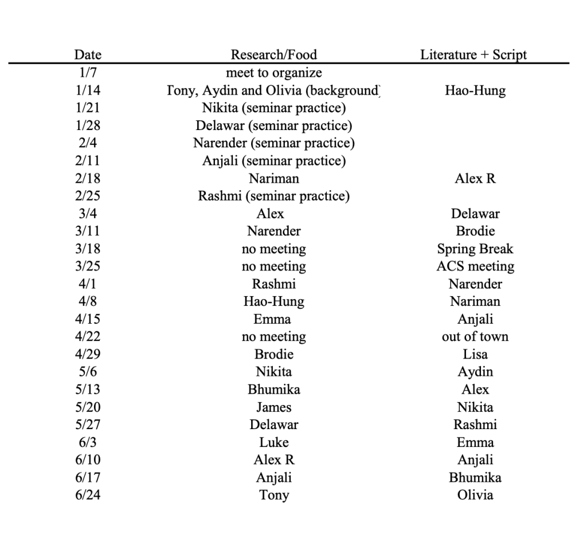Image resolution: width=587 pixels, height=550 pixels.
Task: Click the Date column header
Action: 88,55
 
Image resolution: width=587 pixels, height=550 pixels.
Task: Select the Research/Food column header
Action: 273,55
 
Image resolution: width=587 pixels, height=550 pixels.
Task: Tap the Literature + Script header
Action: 473,55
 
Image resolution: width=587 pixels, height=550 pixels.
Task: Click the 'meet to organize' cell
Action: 273,73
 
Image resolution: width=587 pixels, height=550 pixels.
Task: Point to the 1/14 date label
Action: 88,91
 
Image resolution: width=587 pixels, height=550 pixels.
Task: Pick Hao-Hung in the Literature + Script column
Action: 475,91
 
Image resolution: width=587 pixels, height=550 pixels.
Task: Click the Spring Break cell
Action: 475,249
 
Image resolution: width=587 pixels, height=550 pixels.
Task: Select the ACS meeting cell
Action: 475,266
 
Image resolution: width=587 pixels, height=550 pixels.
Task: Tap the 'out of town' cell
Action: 475,337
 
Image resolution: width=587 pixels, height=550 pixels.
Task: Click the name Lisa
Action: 475,355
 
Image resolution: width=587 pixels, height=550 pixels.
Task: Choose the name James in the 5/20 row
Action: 273,407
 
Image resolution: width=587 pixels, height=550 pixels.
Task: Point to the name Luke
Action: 273,442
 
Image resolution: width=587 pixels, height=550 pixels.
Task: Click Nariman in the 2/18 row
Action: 273,179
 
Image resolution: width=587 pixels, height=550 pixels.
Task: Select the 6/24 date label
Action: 88,495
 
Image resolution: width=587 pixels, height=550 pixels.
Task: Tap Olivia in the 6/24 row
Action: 475,495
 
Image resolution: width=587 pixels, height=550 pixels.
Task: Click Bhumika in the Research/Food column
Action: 273,390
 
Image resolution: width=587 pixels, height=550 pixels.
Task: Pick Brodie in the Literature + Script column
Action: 475,231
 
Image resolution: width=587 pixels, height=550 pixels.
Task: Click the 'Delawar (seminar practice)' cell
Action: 273,125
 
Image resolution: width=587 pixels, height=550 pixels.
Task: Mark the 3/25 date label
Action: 88,266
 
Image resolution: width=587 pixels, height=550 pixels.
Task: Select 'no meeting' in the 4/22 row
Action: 273,337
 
